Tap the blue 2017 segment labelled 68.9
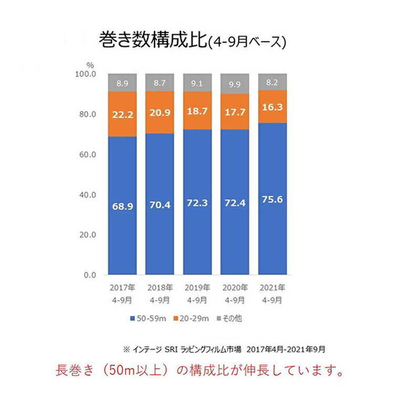tap(122, 206)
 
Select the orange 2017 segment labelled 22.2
tap(122, 114)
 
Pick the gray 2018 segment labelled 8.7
tap(160, 82)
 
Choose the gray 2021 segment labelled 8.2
tap(272, 81)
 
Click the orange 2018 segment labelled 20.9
tap(160, 112)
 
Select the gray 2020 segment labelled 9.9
tap(234, 84)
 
